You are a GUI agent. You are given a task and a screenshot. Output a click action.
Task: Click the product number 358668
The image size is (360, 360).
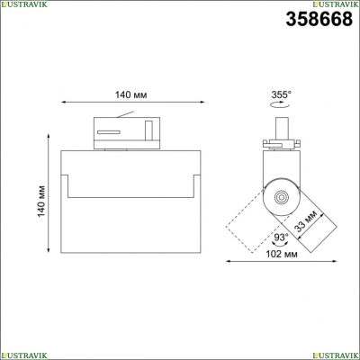[x=319, y=19]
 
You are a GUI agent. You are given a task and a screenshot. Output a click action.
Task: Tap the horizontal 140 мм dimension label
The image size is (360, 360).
[x=131, y=94]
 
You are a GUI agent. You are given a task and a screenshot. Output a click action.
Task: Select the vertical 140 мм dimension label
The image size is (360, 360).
[x=41, y=201]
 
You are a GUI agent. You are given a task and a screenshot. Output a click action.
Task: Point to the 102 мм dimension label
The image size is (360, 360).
[x=282, y=254]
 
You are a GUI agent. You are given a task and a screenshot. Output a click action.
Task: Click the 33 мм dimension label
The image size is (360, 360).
[x=306, y=221]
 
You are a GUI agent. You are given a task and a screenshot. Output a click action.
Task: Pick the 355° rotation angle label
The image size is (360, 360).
[x=281, y=94]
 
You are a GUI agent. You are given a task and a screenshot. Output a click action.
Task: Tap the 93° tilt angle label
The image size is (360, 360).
[x=281, y=238]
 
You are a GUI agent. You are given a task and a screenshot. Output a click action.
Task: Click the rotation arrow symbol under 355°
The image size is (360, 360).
[x=279, y=104]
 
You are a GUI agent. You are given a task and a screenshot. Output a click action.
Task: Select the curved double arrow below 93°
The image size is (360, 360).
[x=281, y=244]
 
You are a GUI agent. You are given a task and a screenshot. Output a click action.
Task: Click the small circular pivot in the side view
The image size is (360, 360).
[x=282, y=197]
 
